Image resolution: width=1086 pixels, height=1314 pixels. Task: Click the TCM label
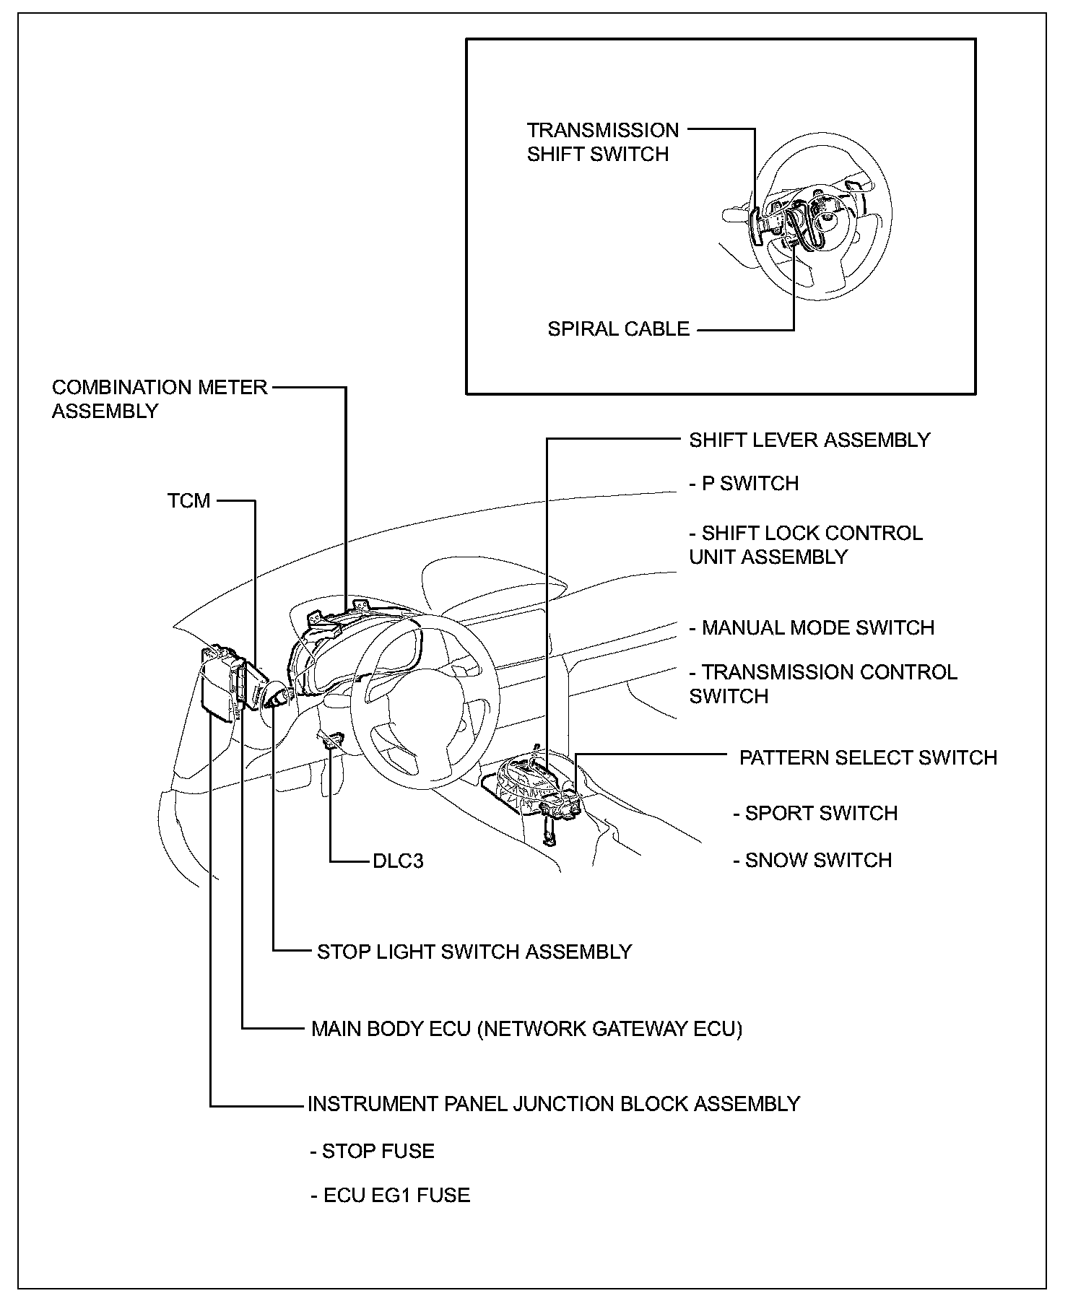pyautogui.click(x=188, y=500)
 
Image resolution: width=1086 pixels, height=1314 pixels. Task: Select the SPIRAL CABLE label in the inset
pyautogui.click(x=618, y=329)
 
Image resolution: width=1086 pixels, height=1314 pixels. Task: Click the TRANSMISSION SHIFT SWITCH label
pyautogui.click(x=602, y=142)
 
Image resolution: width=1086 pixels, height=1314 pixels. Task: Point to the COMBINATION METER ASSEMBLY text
pyautogui.click(x=159, y=399)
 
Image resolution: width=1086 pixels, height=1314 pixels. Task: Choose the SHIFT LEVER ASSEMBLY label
pyautogui.click(x=809, y=440)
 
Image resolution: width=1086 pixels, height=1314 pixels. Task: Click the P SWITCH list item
pyautogui.click(x=744, y=483)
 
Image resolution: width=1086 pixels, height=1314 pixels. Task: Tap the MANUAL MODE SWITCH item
pyautogui.click(x=812, y=627)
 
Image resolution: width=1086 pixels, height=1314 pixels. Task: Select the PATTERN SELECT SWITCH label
pyautogui.click(x=868, y=757)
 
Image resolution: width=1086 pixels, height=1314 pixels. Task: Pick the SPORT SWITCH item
pyautogui.click(x=815, y=813)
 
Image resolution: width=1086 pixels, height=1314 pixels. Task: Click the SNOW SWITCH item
pyautogui.click(x=812, y=860)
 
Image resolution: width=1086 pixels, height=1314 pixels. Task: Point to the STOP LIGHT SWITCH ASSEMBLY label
pyautogui.click(x=474, y=952)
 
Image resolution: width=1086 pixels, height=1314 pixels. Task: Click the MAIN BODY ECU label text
pyautogui.click(x=526, y=1028)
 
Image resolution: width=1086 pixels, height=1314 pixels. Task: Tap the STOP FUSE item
pyautogui.click(x=373, y=1151)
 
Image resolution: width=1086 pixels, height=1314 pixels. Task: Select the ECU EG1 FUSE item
pyautogui.click(x=391, y=1195)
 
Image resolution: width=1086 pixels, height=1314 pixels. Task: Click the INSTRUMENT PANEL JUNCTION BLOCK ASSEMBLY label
pyautogui.click(x=554, y=1104)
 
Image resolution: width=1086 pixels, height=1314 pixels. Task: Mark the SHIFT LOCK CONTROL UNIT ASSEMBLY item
pyautogui.click(x=805, y=545)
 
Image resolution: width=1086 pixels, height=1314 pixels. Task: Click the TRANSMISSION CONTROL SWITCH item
pyautogui.click(x=822, y=684)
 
